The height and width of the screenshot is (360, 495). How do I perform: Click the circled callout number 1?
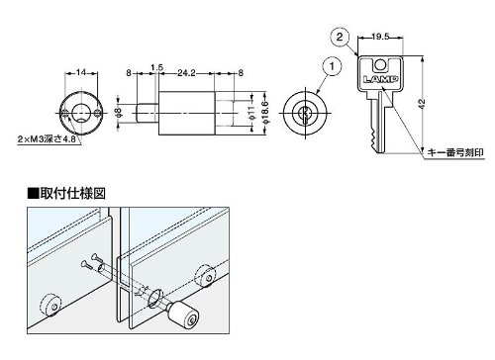332,66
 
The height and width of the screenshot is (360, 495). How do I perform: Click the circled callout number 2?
340,37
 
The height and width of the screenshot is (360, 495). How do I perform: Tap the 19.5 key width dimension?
380,37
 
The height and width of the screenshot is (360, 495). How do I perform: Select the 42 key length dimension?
422,103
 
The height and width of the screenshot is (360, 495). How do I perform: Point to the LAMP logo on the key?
380,79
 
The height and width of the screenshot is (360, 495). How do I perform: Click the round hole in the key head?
380,65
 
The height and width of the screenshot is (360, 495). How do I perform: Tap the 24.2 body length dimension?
186,73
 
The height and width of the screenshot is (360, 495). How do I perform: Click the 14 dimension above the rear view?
81,72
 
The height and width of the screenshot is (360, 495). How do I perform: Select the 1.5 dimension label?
157,67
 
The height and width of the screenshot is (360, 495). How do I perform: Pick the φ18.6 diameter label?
266,113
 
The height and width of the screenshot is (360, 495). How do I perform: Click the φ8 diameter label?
120,113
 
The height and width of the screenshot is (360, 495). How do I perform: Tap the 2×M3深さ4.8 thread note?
47,139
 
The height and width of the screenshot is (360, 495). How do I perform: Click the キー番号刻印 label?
455,152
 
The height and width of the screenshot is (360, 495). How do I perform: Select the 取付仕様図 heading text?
72,194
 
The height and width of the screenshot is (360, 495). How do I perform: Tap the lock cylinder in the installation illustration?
182,316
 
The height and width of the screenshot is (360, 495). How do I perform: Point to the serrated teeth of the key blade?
373,138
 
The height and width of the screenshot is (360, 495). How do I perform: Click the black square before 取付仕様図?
34,194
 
